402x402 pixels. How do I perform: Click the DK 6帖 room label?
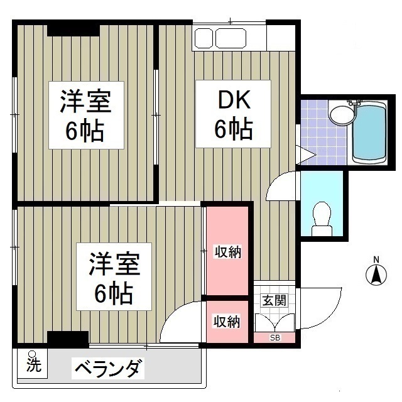pos(234,114)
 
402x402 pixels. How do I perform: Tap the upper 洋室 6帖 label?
pos(86,116)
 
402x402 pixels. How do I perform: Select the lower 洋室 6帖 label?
pos(114,276)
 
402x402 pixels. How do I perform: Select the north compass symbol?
pos(376,274)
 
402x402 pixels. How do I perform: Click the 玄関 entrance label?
pos(274,300)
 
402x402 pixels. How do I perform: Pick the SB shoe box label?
pos(274,338)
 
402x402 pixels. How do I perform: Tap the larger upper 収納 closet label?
pos(228,253)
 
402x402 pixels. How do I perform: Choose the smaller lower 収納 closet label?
pos(227,322)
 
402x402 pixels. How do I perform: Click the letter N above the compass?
pos(376,259)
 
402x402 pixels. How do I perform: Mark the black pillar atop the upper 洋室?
pos(73,29)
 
